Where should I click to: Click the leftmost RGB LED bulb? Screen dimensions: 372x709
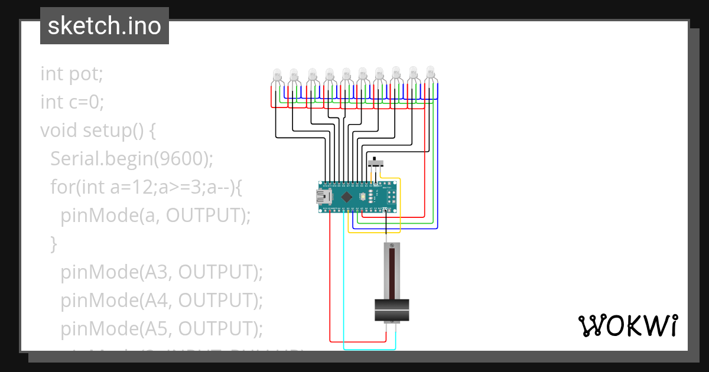(x=276, y=76)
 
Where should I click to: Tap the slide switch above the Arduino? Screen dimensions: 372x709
(x=376, y=163)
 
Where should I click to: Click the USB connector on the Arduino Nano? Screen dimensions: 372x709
(x=323, y=197)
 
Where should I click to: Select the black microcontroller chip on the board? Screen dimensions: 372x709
(x=347, y=197)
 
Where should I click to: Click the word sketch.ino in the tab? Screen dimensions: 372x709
(x=105, y=26)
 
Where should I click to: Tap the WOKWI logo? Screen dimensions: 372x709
(x=627, y=325)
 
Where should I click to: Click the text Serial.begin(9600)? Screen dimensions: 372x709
(x=131, y=159)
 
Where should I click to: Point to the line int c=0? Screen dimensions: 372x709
(x=72, y=102)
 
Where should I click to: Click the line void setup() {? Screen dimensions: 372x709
(x=98, y=130)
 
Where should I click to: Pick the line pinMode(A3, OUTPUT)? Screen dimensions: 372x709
(x=161, y=272)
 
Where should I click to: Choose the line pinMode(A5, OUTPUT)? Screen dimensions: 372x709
(x=161, y=329)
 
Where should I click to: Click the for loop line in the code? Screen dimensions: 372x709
(x=147, y=187)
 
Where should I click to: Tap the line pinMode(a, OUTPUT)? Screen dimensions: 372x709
(x=156, y=216)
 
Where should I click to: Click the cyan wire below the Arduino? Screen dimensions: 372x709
(x=344, y=283)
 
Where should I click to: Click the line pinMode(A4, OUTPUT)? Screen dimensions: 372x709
(x=161, y=301)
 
